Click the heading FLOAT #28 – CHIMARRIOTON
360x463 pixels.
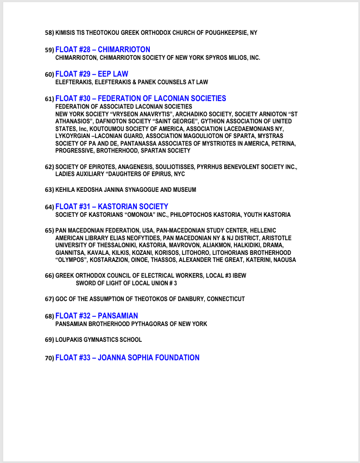(103, 49)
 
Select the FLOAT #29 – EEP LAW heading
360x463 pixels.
(92, 74)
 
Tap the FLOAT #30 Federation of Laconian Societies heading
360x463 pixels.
(141, 98)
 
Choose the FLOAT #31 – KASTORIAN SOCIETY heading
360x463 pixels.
(112, 207)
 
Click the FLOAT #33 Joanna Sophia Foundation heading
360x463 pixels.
(127, 358)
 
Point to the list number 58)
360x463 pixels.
(49, 33)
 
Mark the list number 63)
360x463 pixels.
(49, 190)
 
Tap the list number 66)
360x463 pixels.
(49, 276)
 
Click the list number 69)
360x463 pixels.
(49, 340)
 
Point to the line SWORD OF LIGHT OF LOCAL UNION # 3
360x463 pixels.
(127, 284)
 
